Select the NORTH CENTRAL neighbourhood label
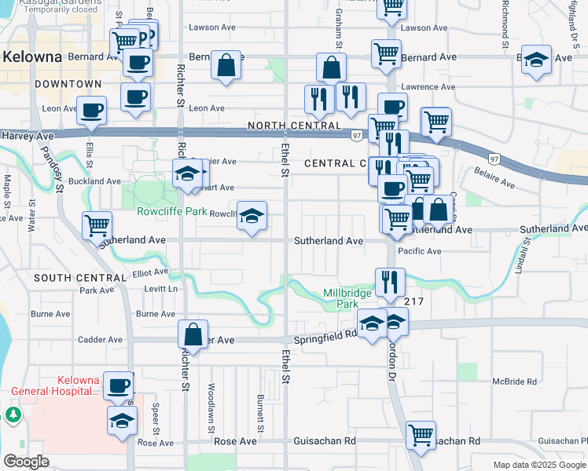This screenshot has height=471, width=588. pos(294,126)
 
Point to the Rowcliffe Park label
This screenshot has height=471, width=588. pos(171,212)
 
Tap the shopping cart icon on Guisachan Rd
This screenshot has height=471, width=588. pos(421,433)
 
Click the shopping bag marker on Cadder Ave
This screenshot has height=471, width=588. pos(193,334)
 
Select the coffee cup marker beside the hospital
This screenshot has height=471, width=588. pos(119,385)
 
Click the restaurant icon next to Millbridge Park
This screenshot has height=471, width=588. pos(390,280)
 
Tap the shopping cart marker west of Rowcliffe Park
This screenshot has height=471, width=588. pos(97,225)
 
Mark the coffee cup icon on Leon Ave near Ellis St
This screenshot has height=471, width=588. pos(92,111)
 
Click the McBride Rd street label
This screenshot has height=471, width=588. pos(514,382)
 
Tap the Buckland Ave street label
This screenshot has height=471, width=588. pos(95,181)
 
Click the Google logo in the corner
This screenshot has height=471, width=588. pos(26,462)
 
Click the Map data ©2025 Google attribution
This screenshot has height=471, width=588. pos(538,465)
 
